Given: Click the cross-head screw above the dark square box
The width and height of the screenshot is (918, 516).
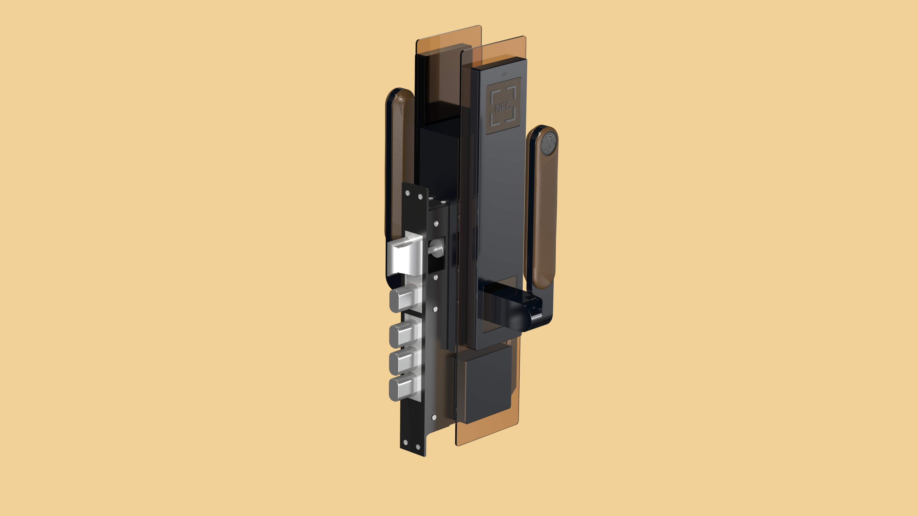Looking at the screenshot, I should pyautogui.click(x=509, y=343).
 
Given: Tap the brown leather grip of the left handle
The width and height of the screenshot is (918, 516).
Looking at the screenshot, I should pyautogui.click(x=401, y=160).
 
